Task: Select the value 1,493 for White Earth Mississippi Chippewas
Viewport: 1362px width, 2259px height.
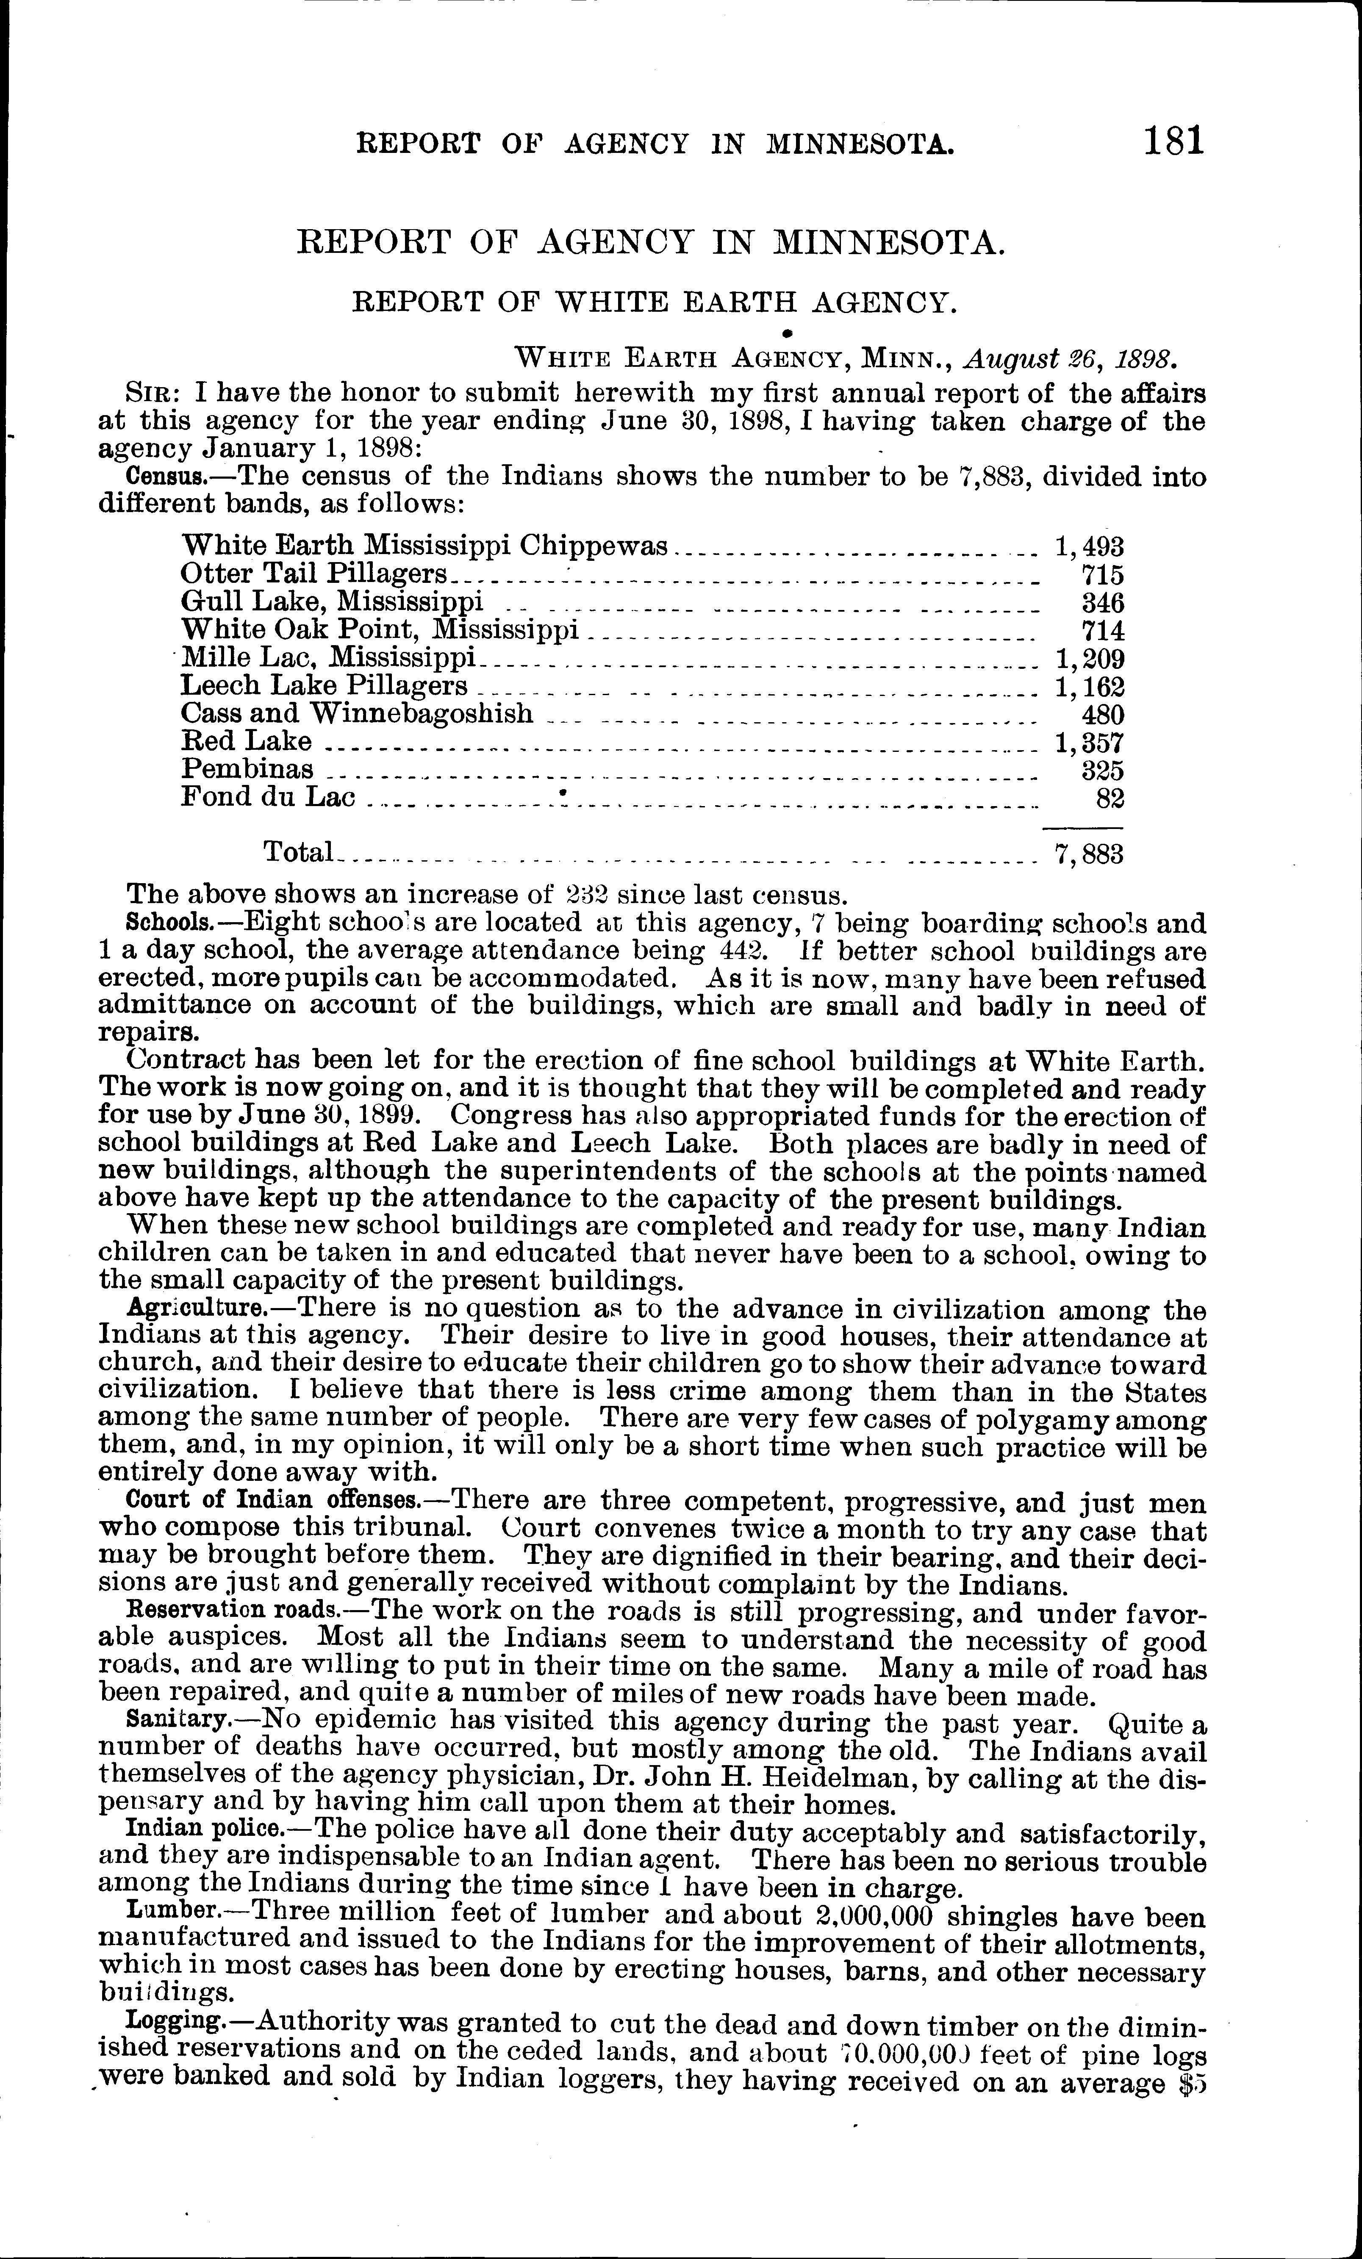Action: tap(1089, 547)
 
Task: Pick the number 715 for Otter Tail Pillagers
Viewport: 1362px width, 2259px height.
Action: tap(1102, 576)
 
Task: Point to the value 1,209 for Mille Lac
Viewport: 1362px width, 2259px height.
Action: tap(1089, 659)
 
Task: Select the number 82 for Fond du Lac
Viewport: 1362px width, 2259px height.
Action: tap(1110, 798)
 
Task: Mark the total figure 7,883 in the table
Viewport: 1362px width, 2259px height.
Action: tap(1089, 854)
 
